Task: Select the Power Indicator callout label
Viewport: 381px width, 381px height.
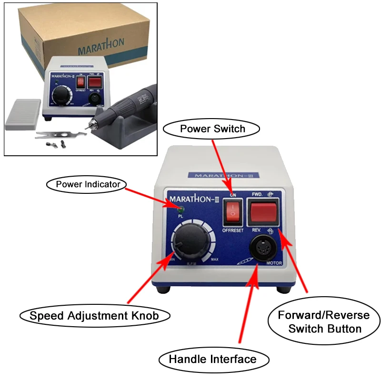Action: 85,184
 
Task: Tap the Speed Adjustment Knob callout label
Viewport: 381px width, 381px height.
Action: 94,315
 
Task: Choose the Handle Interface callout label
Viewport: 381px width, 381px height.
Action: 212,359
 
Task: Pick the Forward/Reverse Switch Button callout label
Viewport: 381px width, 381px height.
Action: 324,322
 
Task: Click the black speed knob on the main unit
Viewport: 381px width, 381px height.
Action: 188,243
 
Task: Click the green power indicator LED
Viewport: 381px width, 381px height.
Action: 181,208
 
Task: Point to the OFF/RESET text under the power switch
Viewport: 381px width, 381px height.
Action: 233,230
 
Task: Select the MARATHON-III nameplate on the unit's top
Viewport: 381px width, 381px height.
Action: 224,175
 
